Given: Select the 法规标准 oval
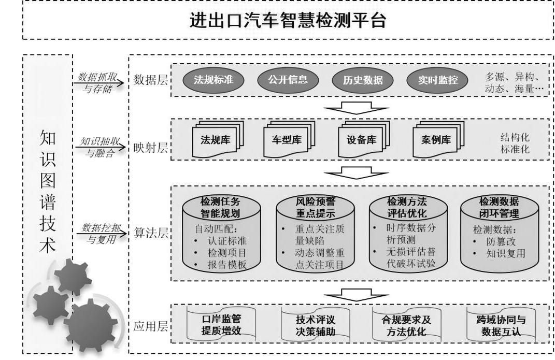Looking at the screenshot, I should tap(214, 80).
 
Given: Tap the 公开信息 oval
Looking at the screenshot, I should tap(288, 80).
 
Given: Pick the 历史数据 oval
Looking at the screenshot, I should tap(362, 80).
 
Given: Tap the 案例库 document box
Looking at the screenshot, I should tap(438, 140).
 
